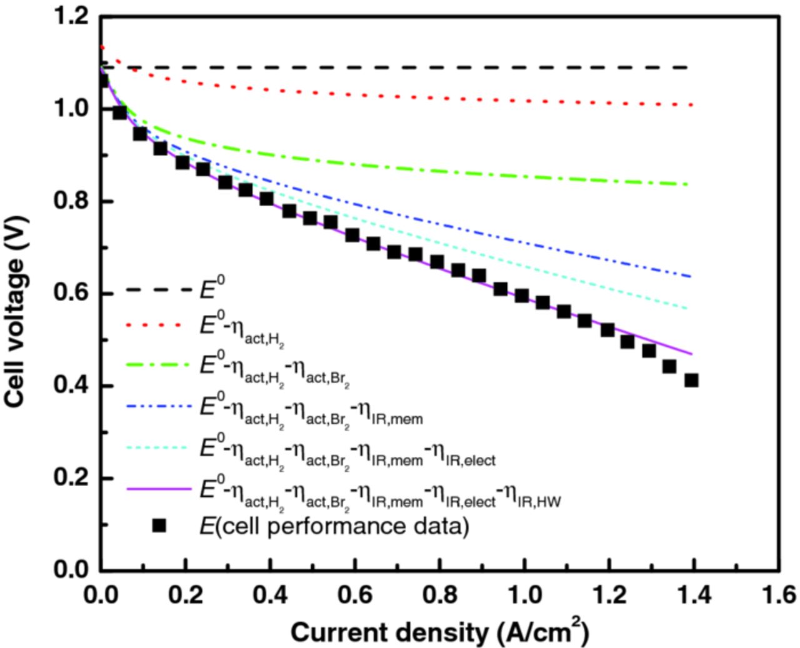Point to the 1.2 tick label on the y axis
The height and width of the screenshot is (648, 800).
pos(72,17)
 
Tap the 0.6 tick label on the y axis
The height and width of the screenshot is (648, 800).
pos(72,294)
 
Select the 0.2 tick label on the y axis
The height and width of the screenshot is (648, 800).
pos(72,479)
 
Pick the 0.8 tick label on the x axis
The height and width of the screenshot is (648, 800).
pos(439,594)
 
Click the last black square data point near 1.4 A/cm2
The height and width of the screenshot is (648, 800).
pos(691,380)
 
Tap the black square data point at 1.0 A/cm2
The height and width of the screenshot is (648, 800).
pos(522,296)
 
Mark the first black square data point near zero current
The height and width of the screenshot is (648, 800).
pos(103,81)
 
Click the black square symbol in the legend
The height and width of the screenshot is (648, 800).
pos(159,526)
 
